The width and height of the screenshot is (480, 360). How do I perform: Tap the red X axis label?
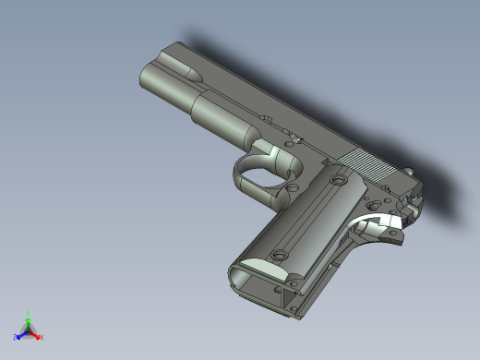42,337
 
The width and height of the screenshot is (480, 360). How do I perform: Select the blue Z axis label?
16,337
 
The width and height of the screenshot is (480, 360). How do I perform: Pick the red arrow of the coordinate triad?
36,333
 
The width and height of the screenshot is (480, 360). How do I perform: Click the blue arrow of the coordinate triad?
21,333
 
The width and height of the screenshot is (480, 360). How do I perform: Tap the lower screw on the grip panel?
279,252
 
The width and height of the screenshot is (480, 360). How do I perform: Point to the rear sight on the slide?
407,170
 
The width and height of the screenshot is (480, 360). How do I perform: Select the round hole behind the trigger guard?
292,187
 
